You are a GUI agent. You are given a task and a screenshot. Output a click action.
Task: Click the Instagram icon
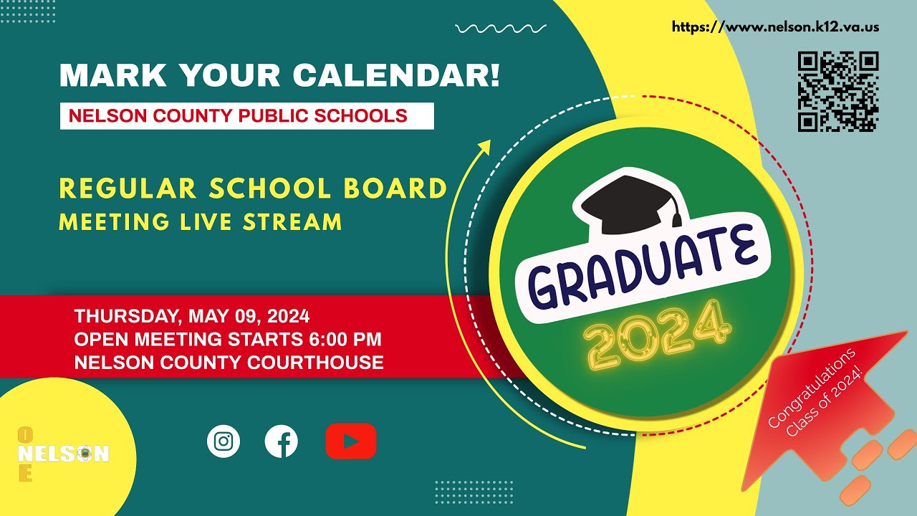point(224,441)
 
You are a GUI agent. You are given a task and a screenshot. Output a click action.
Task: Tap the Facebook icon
point(282,441)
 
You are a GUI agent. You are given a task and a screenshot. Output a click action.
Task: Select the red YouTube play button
point(351,441)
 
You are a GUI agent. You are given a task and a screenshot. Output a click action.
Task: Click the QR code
point(838,91)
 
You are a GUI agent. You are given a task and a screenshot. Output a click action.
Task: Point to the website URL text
point(775,27)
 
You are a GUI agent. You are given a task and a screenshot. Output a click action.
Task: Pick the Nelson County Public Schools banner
point(246,115)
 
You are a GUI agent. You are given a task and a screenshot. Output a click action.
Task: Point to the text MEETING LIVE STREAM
point(200,221)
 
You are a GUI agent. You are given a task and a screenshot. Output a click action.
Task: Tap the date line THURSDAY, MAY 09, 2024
point(192,315)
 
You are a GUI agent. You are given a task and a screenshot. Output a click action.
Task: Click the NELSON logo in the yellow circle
point(63,454)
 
